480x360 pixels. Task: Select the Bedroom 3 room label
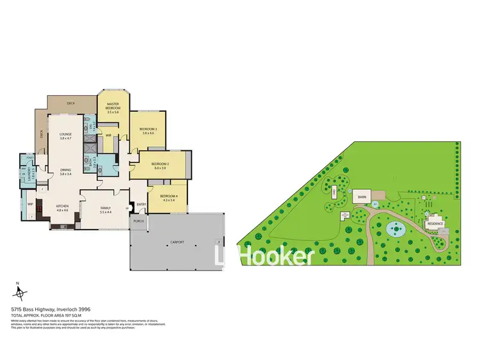[x=148, y=129]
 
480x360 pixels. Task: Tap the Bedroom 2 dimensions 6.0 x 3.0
[x=159, y=168]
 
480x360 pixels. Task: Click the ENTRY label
[x=141, y=205]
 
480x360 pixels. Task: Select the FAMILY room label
[x=106, y=208]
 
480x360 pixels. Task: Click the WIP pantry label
[x=30, y=204]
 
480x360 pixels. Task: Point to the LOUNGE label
[x=65, y=134]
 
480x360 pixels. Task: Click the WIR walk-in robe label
[x=109, y=135]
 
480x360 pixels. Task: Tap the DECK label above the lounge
[x=71, y=102]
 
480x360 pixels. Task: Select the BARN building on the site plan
[x=362, y=198]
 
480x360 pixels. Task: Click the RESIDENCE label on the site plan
[x=435, y=224]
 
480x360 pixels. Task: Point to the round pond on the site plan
[x=395, y=226]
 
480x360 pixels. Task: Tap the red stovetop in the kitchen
[x=40, y=208]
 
